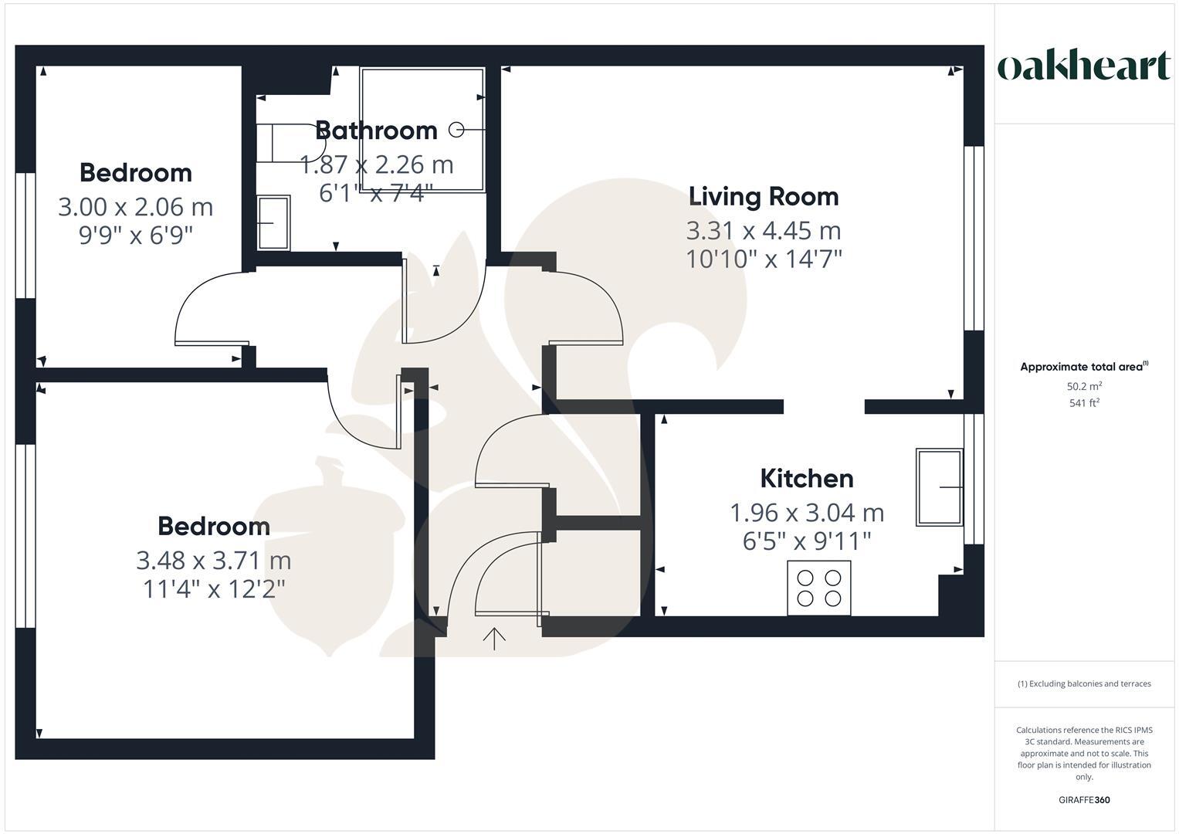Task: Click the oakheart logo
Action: pos(1083,66)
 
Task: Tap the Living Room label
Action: pos(763,197)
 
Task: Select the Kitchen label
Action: pos(807,479)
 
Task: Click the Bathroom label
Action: pos(377,131)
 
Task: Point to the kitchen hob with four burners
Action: pos(818,588)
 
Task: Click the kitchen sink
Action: pos(939,487)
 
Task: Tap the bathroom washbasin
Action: pos(273,222)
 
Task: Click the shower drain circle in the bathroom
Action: pos(456,130)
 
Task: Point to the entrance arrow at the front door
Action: pos(494,638)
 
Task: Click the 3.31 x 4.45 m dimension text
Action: pos(763,231)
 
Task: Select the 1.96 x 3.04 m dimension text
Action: pos(807,513)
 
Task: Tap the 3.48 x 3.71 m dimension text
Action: pos(213,560)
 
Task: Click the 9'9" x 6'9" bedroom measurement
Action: pos(135,235)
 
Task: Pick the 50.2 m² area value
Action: pos(1084,386)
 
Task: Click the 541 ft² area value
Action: pos(1084,402)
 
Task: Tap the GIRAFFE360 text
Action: pos(1084,800)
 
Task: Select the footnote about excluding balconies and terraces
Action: pos(1084,683)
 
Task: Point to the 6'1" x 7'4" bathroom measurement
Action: pos(377,192)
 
